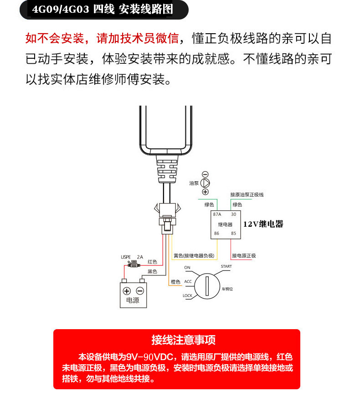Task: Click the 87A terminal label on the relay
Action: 217,214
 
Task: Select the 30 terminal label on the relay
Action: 233,214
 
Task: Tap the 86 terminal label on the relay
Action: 216,234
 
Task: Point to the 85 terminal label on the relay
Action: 233,234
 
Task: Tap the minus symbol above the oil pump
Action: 205,174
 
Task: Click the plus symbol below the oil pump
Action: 205,192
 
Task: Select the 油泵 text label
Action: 194,183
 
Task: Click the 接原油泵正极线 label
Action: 247,194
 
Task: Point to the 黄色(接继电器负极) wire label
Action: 194,255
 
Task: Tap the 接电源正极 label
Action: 244,255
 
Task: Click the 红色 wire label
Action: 152,262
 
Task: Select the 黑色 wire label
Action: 152,272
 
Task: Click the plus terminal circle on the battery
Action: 127,291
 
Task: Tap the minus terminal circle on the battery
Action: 140,291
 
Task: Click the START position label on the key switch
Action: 226,266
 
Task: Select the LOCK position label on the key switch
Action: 187,295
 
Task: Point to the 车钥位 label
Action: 227,289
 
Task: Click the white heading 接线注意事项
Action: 177,340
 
